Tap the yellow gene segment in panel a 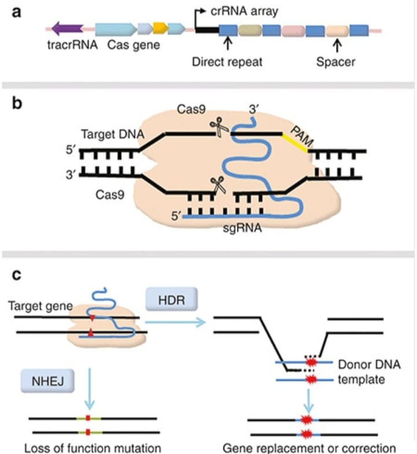[160, 28]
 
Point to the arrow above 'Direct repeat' [228, 43]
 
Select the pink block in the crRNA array [293, 28]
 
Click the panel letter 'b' [18, 105]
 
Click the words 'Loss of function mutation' [87, 446]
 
